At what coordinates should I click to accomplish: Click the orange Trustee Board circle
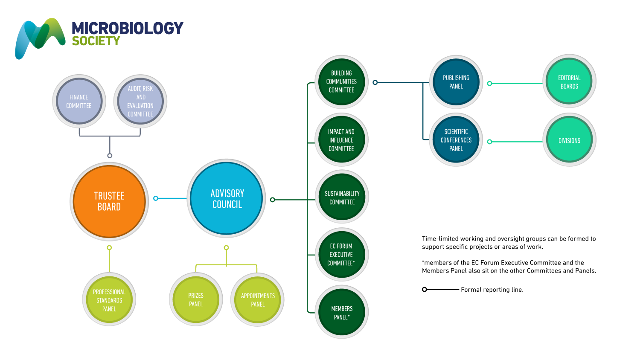(109, 201)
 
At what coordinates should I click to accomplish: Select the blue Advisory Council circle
(227, 198)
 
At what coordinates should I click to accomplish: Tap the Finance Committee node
(79, 102)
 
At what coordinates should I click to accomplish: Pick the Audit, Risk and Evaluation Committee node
(140, 102)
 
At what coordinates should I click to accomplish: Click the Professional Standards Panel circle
(109, 300)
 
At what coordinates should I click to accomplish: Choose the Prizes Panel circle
(196, 300)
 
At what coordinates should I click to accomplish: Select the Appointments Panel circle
(258, 300)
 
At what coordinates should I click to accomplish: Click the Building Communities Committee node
(341, 81)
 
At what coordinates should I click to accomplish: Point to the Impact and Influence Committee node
(341, 140)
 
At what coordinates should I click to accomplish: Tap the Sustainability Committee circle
(342, 197)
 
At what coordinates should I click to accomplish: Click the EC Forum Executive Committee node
(341, 255)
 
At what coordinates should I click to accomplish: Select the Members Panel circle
(342, 312)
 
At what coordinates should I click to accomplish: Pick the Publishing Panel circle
(456, 82)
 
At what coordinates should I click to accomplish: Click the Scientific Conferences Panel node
(456, 140)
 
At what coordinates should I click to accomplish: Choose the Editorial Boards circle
(569, 82)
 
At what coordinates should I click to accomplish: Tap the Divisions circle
(569, 140)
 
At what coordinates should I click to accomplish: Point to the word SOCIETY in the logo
(96, 41)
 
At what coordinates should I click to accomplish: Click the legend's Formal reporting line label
(492, 290)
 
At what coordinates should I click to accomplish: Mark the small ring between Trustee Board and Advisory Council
(156, 198)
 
